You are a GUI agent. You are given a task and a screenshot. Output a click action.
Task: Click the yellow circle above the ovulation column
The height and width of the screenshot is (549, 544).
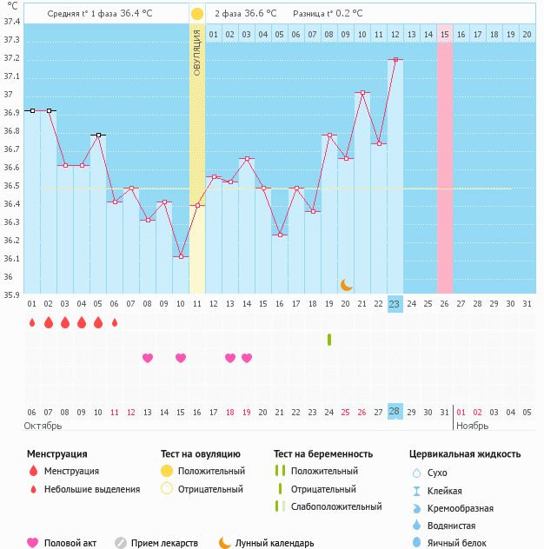[197, 14]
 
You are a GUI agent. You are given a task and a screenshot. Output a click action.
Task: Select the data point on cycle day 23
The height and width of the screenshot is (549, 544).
[395, 59]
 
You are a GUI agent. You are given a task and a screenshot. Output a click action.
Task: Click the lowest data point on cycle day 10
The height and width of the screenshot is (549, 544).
[181, 256]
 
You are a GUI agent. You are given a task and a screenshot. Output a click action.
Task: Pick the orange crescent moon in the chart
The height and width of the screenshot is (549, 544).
[346, 285]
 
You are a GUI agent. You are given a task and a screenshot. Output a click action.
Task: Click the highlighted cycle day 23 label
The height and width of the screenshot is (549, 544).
[395, 304]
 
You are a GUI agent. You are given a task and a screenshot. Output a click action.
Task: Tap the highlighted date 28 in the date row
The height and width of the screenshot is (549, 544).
[395, 411]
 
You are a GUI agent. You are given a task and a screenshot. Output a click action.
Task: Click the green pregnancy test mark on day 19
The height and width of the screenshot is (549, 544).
[329, 339]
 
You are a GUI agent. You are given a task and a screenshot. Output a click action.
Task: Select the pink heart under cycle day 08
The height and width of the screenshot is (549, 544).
[148, 358]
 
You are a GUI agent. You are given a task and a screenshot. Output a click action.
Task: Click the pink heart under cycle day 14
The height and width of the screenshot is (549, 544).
[247, 358]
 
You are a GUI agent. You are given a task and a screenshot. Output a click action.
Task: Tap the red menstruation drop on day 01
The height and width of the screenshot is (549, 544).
[32, 322]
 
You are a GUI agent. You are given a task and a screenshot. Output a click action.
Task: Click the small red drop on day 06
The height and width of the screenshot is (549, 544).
[114, 322]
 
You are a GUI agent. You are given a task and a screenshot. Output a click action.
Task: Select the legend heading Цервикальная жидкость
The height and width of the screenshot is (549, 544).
[465, 453]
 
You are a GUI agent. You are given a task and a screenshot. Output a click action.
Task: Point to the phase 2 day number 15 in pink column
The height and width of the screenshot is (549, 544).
[445, 34]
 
